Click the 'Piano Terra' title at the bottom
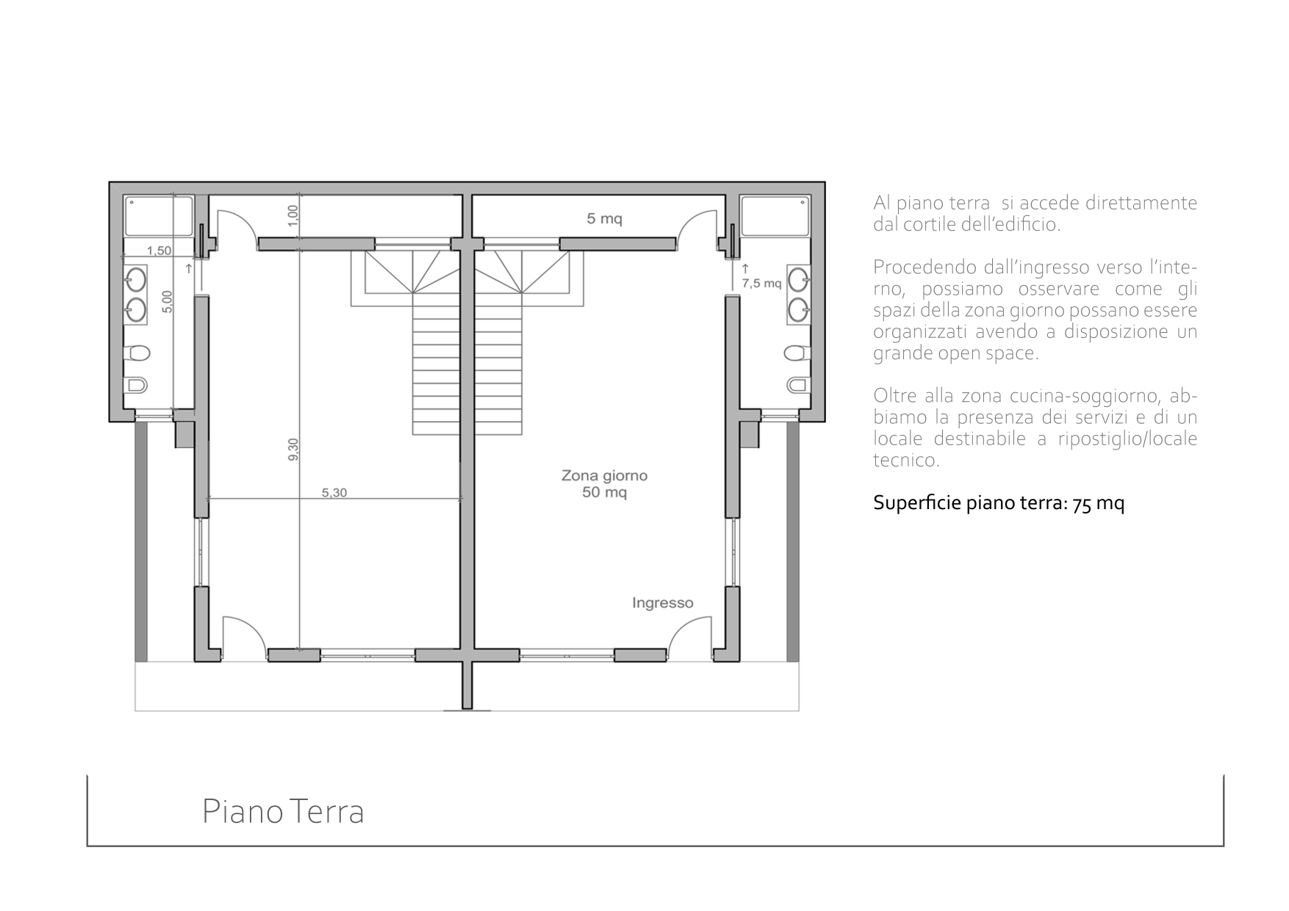coord(283,812)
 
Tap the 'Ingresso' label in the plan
coord(662,603)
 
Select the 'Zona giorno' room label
coord(604,475)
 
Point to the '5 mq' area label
coord(604,218)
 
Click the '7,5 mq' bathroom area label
coord(761,283)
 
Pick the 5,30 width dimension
coord(334,493)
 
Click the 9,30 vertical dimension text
coord(293,450)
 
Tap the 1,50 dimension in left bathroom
coord(159,251)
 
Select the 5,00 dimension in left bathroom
coord(167,302)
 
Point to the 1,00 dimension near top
coord(293,215)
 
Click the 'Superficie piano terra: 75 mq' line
coord(999,503)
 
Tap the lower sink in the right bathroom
coord(799,309)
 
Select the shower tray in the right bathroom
coord(775,216)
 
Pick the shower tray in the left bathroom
coord(159,216)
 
